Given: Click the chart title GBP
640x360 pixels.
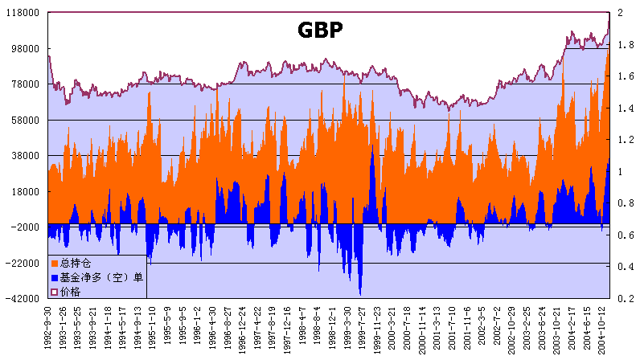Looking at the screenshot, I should click(x=321, y=31).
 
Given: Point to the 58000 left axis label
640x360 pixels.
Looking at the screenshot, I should click(x=24, y=120).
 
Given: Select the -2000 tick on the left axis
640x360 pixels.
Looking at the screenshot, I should click(x=24, y=227).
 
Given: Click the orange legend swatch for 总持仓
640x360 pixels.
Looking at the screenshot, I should click(x=55, y=263).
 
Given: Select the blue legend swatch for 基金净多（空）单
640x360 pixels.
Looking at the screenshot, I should click(x=55, y=277).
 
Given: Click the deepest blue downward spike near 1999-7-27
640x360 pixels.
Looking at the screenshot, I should click(x=359, y=294).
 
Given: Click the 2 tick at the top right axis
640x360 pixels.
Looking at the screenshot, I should click(x=618, y=13).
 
